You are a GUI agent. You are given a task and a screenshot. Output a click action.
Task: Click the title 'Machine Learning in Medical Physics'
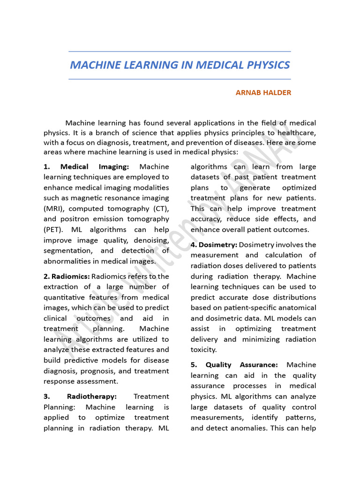(180, 65)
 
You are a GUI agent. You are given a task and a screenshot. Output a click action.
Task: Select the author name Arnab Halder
(263, 93)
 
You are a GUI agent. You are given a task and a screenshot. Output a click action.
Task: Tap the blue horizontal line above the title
(180, 51)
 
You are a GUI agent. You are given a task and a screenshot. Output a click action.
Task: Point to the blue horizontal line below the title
(180, 79)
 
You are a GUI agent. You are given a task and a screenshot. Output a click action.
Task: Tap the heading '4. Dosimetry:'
(214, 245)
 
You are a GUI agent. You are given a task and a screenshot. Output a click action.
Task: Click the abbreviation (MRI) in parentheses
(53, 209)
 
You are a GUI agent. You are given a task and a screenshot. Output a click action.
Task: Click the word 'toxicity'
(203, 350)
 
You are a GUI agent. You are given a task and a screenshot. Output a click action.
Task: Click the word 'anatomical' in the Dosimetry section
(296, 307)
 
